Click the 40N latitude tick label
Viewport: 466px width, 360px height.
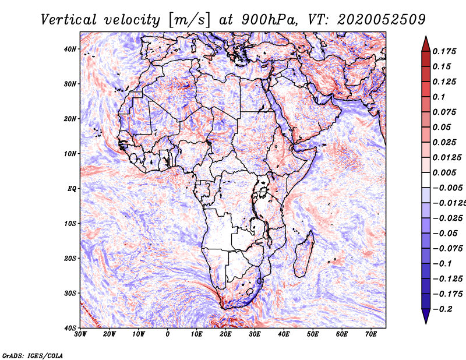pyautogui.click(x=70, y=49)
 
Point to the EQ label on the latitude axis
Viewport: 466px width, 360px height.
pyautogui.click(x=72, y=189)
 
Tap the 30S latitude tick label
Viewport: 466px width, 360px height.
pyautogui.click(x=70, y=294)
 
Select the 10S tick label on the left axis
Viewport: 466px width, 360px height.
pyautogui.click(x=70, y=224)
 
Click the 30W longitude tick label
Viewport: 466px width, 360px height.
pyautogui.click(x=80, y=334)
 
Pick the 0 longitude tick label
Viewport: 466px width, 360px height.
pyautogui.click(x=168, y=334)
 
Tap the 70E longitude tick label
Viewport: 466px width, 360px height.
pyautogui.click(x=371, y=334)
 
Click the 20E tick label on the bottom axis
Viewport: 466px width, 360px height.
pyautogui.click(x=225, y=334)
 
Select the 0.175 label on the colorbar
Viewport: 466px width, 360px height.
pyautogui.click(x=444, y=51)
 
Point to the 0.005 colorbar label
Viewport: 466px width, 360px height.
pyautogui.click(x=444, y=172)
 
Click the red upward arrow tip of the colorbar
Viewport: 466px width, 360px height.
pyautogui.click(x=426, y=37)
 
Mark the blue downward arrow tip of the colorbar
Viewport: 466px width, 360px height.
pyautogui.click(x=426, y=323)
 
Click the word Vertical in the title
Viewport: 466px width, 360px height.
pyautogui.click(x=69, y=20)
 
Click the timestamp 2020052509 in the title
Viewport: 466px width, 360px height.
pyautogui.click(x=382, y=20)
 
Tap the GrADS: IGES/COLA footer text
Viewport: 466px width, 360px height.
pyautogui.click(x=33, y=356)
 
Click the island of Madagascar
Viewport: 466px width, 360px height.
pyautogui.click(x=303, y=254)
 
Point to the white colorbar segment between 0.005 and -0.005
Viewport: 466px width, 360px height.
pyautogui.click(x=426, y=180)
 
